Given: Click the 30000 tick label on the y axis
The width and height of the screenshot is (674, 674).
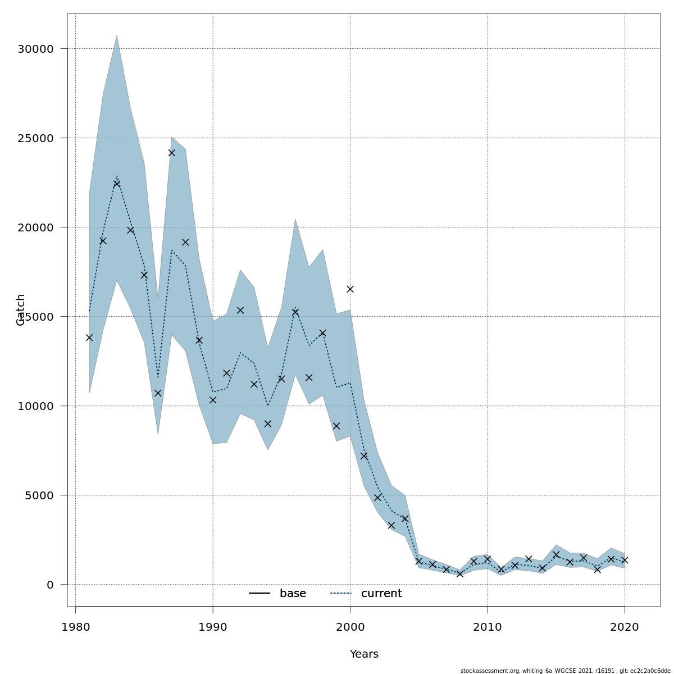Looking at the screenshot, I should [35, 49].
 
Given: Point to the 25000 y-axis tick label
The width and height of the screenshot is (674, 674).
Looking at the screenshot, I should [35, 138].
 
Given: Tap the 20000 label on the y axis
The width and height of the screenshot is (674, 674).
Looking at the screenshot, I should [35, 227].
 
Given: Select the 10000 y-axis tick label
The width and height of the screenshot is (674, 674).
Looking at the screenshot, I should [35, 406].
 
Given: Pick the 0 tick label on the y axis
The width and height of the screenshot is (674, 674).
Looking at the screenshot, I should [50, 585].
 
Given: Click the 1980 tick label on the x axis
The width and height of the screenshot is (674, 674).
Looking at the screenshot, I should [75, 627].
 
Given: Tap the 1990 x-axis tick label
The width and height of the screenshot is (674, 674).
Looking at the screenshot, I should [213, 627].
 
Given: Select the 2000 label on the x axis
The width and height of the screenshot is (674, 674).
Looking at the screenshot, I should [350, 627].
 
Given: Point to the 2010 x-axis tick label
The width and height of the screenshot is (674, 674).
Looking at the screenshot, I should [488, 627].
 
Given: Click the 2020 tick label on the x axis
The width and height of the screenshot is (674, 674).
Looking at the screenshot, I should [625, 627].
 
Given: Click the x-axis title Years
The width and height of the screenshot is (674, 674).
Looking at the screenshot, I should [364, 654].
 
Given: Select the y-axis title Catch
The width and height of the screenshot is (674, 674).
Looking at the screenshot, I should [21, 309].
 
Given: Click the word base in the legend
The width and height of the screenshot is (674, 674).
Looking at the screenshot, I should [293, 594].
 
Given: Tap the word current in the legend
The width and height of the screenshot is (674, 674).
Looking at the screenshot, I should [381, 594].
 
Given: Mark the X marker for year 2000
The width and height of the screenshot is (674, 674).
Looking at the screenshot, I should [350, 289].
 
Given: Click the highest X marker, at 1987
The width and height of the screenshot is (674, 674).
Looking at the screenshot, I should [172, 153].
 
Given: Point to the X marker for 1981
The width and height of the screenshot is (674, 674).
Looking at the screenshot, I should [89, 338].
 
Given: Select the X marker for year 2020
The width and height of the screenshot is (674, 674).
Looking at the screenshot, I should [625, 560].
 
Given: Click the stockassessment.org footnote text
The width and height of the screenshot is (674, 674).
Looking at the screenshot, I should [565, 671].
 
